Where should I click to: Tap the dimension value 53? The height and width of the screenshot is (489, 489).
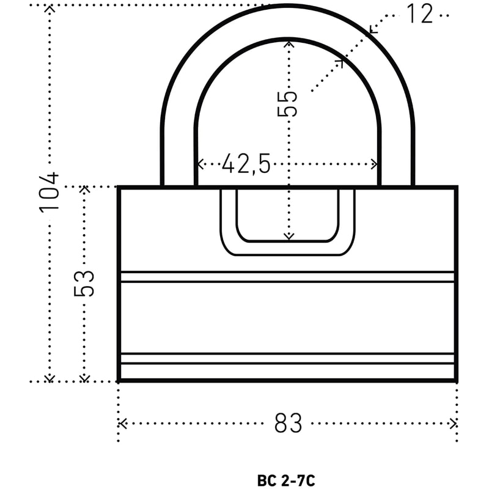[84, 283]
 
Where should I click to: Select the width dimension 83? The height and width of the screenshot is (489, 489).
[288, 423]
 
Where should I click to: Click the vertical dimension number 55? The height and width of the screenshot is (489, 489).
[287, 104]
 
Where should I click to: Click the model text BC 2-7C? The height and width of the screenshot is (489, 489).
[286, 480]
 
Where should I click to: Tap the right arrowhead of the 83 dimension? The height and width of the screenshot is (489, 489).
[453, 424]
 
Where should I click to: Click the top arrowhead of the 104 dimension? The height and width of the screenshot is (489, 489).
[50, 9]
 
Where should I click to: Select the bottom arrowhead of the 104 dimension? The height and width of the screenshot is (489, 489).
[50, 378]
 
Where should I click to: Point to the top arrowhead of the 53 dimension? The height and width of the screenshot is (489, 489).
[84, 189]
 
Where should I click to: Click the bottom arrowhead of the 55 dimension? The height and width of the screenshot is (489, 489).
[289, 237]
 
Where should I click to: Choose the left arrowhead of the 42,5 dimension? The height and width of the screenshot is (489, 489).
[201, 164]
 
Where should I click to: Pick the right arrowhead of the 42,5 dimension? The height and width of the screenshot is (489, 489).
[374, 164]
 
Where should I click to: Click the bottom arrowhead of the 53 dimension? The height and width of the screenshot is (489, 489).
[84, 378]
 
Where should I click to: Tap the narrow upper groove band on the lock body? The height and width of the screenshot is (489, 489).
[287, 277]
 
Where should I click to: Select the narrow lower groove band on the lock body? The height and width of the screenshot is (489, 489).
[287, 359]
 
